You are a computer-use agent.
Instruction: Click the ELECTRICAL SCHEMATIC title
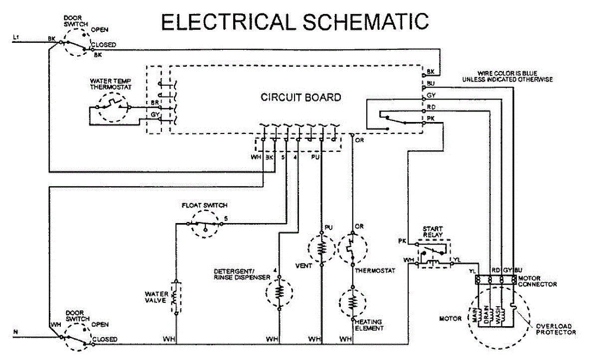(x=295, y=22)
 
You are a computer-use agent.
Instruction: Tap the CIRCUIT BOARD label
(x=301, y=97)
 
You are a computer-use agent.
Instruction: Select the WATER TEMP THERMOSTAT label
(x=111, y=84)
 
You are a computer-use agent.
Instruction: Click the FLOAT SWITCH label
(x=204, y=205)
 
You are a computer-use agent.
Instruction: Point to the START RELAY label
(x=433, y=232)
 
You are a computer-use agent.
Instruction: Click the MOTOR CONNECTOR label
(x=537, y=281)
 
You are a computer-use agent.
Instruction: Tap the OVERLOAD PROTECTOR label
(x=556, y=329)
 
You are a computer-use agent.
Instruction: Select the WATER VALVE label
(x=156, y=297)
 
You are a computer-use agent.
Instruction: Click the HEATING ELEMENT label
(x=369, y=325)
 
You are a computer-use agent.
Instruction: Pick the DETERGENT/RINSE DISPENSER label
(x=242, y=275)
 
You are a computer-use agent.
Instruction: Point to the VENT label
(x=304, y=266)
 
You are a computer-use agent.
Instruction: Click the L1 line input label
(x=16, y=37)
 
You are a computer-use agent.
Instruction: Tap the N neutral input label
(x=16, y=332)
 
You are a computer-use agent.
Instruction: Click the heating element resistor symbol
(x=353, y=303)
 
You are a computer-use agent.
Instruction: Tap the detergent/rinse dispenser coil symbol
(x=279, y=292)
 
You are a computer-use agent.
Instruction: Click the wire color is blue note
(x=507, y=76)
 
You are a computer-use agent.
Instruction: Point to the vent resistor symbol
(x=322, y=248)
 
